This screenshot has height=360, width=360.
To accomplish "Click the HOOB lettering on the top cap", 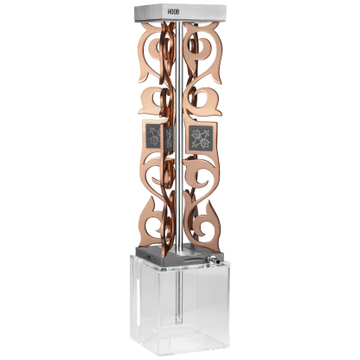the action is pyautogui.click(x=173, y=12).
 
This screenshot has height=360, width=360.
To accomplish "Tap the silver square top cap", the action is pyautogui.click(x=180, y=13).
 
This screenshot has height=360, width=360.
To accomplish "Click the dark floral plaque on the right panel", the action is pyautogui.click(x=201, y=138).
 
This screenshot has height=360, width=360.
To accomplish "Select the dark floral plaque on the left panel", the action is pyautogui.click(x=153, y=136).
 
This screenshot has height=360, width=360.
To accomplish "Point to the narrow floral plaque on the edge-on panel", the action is pyautogui.click(x=169, y=138).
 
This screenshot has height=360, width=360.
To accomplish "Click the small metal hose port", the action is pyautogui.click(x=214, y=260).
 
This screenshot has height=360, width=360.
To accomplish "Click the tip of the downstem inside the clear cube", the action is pyautogui.click(x=179, y=321).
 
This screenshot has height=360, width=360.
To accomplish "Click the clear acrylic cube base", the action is pyautogui.click(x=179, y=305).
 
